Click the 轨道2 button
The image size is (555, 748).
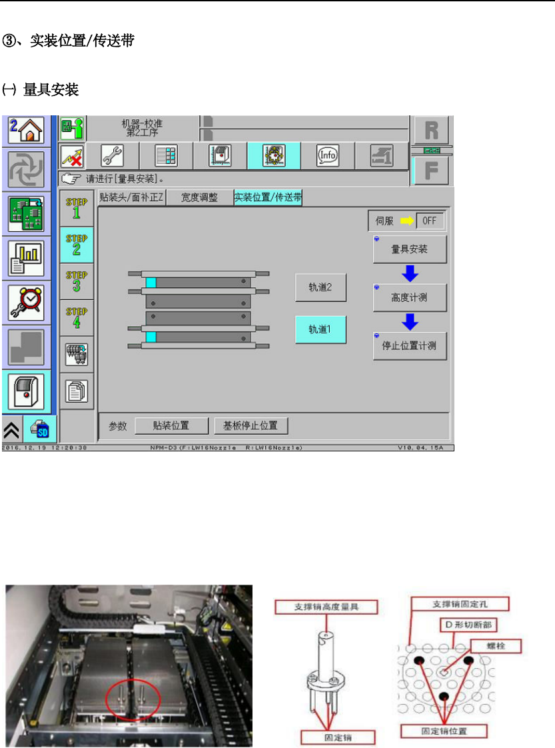320,287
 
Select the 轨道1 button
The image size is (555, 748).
320,329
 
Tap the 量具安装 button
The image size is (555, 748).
409,249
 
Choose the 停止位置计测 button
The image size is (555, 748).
409,346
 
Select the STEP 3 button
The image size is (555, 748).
76,281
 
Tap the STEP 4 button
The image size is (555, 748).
76,318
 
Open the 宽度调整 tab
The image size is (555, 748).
199,197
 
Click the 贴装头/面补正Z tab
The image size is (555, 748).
131,197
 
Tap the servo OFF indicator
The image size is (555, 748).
430,220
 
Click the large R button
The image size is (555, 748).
431,129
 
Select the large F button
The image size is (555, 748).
431,169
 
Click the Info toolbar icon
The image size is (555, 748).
327,156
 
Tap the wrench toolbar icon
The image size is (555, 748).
111,156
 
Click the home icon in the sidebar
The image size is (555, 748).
27,130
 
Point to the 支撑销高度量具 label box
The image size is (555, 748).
326,607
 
